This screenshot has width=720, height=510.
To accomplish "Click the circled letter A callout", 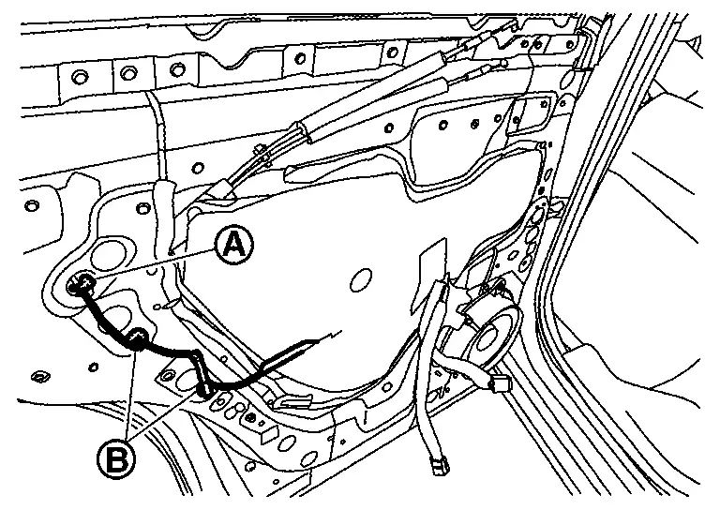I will pos(233,245).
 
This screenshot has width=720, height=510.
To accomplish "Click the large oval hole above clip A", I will pos(112,255).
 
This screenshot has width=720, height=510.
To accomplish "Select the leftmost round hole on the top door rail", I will pos(78,74).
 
